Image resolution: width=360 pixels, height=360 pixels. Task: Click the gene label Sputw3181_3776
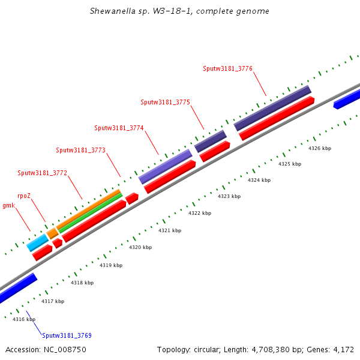pos(227,68)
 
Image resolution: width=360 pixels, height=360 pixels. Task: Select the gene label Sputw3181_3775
pos(165,102)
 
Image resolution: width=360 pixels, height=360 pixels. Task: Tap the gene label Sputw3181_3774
pos(119,128)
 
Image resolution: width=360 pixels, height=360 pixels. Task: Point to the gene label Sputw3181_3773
pos(80,150)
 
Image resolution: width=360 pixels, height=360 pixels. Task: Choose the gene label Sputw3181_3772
pos(42,173)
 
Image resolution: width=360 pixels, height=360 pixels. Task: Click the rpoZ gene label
pos(23,196)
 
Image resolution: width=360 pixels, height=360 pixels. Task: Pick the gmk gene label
pos(8,205)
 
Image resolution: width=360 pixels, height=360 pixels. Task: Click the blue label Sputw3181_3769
pos(67,335)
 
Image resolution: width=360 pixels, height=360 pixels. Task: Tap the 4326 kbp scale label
pos(320,148)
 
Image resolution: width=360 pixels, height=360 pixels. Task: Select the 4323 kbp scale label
pos(229,196)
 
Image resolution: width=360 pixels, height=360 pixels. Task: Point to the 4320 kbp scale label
pos(140,247)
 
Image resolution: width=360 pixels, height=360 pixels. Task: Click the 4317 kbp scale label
pos(53,301)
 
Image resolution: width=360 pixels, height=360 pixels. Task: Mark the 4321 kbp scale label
pos(170,230)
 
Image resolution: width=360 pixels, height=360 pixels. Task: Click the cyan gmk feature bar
pos(37,243)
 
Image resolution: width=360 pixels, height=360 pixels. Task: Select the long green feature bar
pos(90,213)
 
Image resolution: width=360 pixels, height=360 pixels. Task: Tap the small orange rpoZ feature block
pos(52,233)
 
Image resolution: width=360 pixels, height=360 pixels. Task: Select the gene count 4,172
pos(343,349)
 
